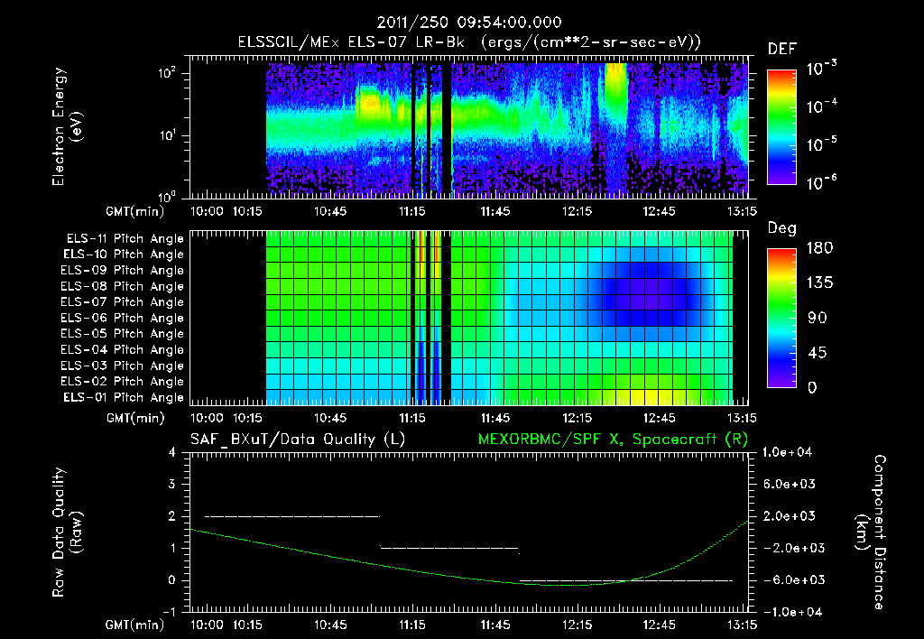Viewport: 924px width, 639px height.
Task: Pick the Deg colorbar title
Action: pos(781,228)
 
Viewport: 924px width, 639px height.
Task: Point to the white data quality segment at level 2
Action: pos(291,516)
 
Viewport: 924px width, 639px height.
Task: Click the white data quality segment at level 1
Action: pos(449,548)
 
